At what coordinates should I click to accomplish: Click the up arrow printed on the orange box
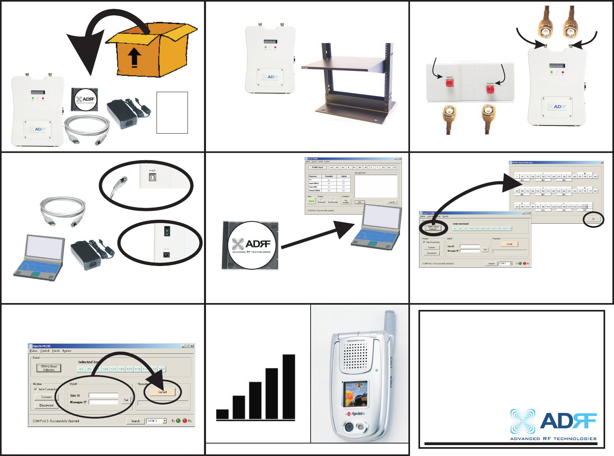click(134, 58)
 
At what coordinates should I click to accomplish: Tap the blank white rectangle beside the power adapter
click(172, 112)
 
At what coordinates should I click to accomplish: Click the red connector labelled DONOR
click(449, 83)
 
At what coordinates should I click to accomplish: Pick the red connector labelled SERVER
click(490, 89)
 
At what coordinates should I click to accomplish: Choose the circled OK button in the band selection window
click(593, 219)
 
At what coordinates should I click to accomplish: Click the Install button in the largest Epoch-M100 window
click(162, 392)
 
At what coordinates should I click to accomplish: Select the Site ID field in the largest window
click(103, 395)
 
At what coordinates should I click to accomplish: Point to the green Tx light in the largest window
click(178, 421)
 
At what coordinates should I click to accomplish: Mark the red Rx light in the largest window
click(185, 421)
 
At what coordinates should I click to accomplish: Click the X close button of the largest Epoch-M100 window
click(192, 346)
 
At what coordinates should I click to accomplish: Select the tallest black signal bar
click(289, 387)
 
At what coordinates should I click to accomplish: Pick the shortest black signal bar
click(223, 414)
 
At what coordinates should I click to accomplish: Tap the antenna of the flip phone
click(389, 322)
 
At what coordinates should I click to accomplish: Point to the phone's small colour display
click(355, 394)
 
